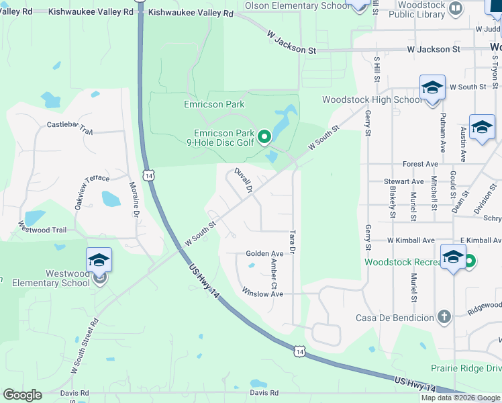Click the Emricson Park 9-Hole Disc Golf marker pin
coord(264,137)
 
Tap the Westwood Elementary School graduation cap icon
coord(99,259)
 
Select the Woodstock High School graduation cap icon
coord(432,88)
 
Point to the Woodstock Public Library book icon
coord(455,9)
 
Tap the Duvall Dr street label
coord(242,181)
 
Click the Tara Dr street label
coord(292,242)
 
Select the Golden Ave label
coord(264,254)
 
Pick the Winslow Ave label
coord(263,294)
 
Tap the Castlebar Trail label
coord(69,125)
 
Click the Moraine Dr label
coord(134,199)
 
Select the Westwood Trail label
coord(44,230)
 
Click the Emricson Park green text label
coord(214,104)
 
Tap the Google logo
coord(22,395)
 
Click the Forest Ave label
coord(420,164)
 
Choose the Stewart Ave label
coord(403,181)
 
